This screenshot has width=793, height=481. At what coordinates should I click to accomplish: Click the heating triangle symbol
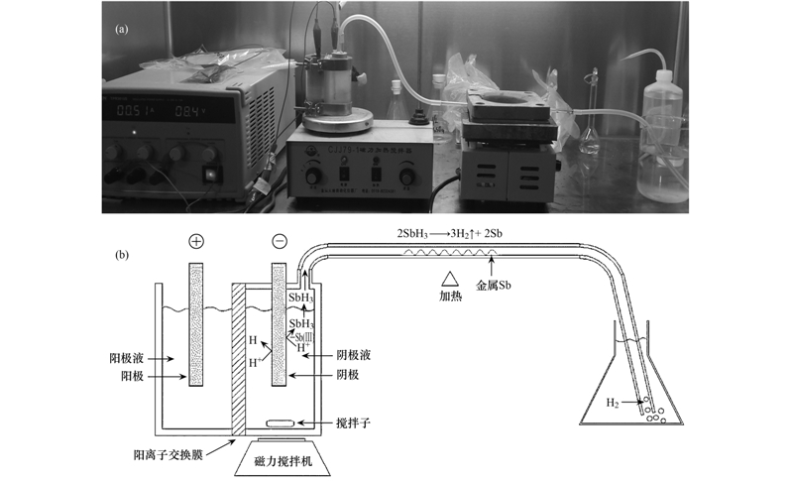(x=450, y=279)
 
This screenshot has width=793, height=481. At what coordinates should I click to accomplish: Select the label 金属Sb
(x=498, y=286)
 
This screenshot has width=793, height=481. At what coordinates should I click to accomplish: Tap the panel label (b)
(x=122, y=254)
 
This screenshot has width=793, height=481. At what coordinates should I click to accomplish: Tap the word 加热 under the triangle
(x=450, y=296)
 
